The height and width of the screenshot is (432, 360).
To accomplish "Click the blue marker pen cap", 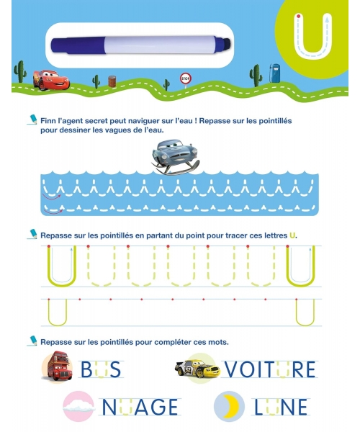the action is click(78, 45).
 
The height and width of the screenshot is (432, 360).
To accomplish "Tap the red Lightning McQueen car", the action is click(50, 80).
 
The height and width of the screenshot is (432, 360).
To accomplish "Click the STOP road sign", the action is click(185, 79).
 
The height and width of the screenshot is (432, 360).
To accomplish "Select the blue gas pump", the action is click(274, 73).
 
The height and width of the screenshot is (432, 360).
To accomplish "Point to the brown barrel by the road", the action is click(112, 81).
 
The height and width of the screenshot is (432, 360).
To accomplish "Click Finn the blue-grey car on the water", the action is click(175, 157).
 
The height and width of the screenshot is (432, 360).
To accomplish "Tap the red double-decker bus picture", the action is click(58, 366).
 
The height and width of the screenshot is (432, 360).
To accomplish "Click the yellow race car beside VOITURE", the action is click(197, 369).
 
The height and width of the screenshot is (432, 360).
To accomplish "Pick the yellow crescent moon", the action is click(232, 406).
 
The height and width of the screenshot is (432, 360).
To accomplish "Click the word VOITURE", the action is click(270, 369).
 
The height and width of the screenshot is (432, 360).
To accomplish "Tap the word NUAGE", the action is click(140, 407).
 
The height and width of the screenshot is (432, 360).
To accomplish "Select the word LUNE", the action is click(280, 407).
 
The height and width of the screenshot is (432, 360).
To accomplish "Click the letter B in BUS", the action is click(86, 369).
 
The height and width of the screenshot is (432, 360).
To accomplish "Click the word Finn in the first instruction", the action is click(48, 121).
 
